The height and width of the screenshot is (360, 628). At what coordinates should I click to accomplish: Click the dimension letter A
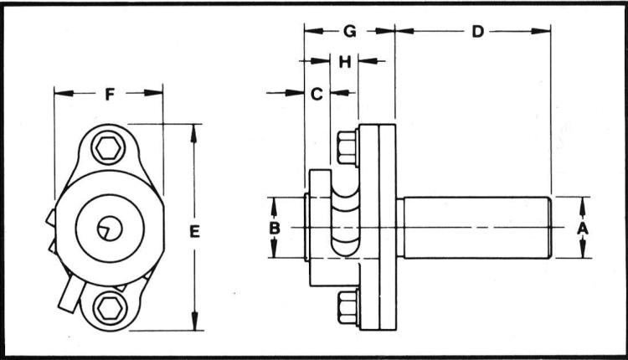click(x=584, y=227)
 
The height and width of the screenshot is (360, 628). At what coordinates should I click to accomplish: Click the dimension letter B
click(x=274, y=228)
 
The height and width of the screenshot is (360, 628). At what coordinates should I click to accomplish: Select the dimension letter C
click(x=317, y=94)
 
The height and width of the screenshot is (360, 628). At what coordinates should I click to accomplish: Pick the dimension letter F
click(x=109, y=94)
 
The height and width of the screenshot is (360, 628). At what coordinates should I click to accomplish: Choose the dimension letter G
click(x=349, y=32)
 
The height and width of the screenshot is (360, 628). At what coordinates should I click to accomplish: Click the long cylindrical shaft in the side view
click(x=474, y=227)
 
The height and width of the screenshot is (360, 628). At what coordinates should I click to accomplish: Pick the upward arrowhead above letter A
click(x=584, y=202)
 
